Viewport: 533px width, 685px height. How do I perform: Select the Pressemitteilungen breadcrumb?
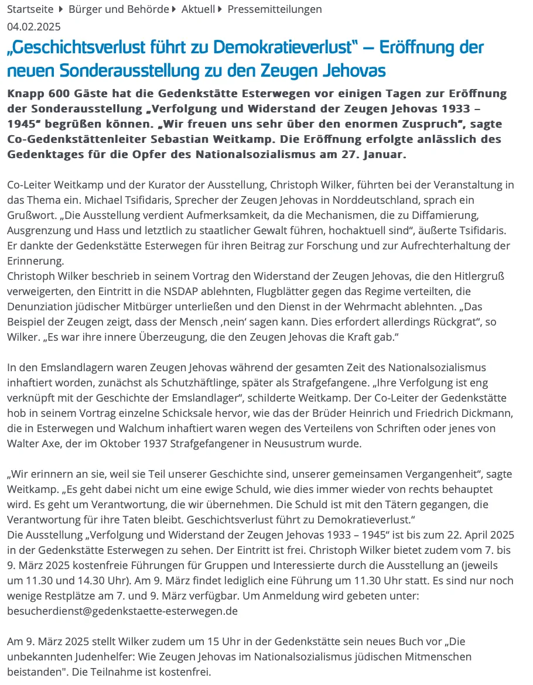point(274,9)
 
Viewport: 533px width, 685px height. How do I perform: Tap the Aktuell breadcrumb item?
point(197,9)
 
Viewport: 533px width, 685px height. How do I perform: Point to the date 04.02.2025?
point(34,26)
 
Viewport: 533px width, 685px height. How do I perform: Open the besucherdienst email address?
point(122,611)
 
